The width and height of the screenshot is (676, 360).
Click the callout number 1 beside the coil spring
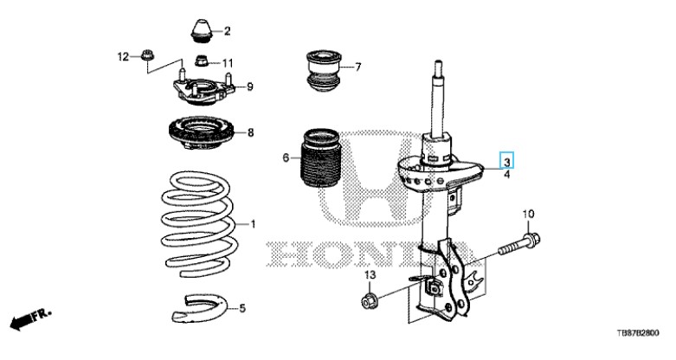[x=254, y=225]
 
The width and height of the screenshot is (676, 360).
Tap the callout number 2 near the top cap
[x=228, y=32]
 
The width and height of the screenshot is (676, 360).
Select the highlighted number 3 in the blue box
[x=507, y=159]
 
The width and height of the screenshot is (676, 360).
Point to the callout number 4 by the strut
[x=507, y=176]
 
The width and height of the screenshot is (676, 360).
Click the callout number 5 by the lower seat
[x=243, y=308]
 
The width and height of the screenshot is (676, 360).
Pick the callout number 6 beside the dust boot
[x=285, y=157]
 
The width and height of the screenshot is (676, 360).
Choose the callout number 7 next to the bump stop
[x=357, y=67]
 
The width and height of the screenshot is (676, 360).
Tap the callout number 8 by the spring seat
[x=250, y=132]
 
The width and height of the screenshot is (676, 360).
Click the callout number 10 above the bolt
[x=529, y=214]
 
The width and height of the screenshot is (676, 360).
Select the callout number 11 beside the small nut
[x=228, y=63]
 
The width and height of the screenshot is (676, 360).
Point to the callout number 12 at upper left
[x=123, y=57]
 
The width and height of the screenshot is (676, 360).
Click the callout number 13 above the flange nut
[x=368, y=275]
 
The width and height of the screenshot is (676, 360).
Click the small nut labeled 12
[x=147, y=58]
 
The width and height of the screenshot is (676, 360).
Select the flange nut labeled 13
[x=368, y=301]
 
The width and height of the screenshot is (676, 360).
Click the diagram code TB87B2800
[x=643, y=333]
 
